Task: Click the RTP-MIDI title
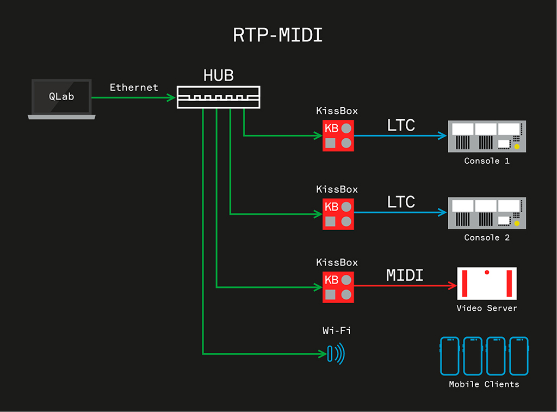[x=278, y=35]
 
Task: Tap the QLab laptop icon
[x=61, y=99]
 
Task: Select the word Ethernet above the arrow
[x=134, y=87]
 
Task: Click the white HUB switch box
[x=218, y=97]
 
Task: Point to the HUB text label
[x=218, y=76]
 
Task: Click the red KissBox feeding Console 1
[x=338, y=136]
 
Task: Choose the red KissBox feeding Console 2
[x=338, y=214]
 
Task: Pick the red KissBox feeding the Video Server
[x=338, y=287]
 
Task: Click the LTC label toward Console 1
[x=401, y=125]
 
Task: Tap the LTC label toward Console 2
[x=401, y=202]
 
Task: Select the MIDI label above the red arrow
[x=404, y=275]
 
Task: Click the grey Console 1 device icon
[x=487, y=136]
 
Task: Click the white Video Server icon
[x=487, y=283]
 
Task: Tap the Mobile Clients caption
[x=484, y=384]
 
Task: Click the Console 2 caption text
[x=487, y=238]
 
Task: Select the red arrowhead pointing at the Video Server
[x=451, y=286]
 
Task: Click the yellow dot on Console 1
[x=517, y=147]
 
